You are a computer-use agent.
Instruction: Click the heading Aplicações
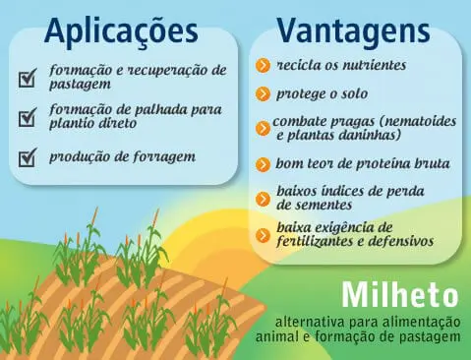coord(119,30)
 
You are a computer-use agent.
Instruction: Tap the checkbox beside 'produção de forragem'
coord(28,157)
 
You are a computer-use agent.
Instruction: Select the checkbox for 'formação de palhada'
coord(28,118)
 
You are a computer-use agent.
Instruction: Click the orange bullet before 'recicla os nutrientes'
coord(263,66)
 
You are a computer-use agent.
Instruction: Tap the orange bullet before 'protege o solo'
coord(263,94)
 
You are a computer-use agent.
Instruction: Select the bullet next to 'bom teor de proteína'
coord(263,163)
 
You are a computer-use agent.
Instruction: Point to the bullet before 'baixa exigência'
coord(263,234)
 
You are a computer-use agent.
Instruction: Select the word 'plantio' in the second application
coord(73,125)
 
